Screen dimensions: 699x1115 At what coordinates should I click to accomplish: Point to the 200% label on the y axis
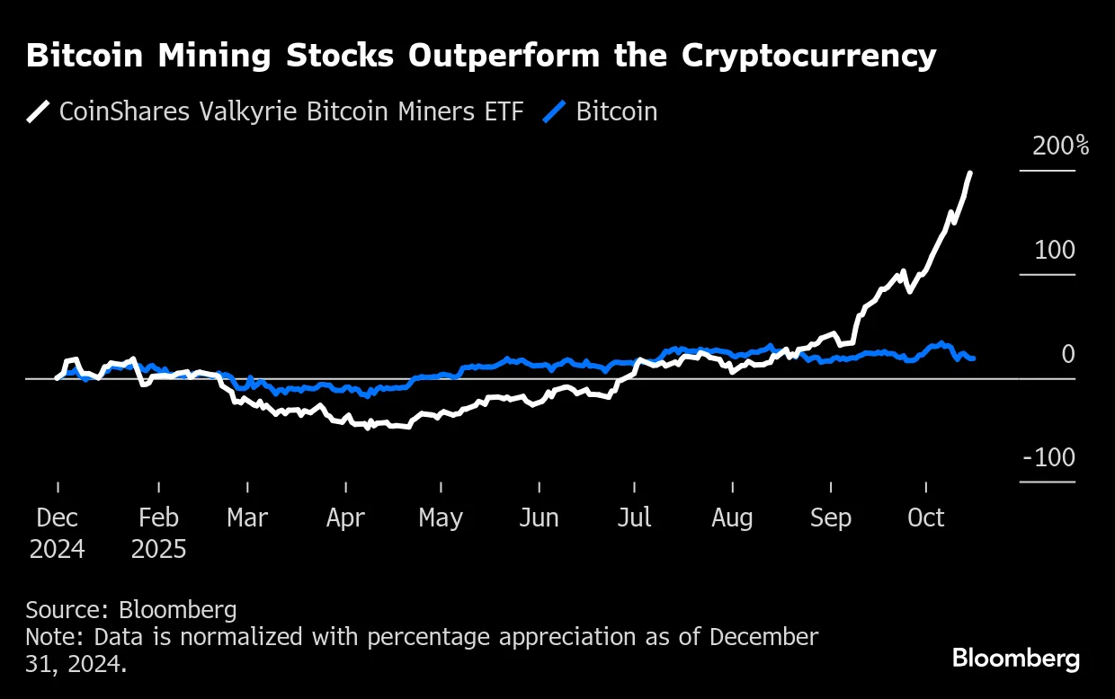click(1060, 146)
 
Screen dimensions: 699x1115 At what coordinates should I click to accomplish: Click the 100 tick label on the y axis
click(1054, 250)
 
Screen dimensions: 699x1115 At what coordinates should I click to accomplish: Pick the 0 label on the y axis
click(1067, 354)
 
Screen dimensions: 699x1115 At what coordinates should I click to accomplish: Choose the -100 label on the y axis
click(1048, 457)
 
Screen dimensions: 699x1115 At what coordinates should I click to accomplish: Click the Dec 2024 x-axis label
click(58, 533)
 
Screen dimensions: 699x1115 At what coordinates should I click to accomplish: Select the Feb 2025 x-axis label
click(158, 533)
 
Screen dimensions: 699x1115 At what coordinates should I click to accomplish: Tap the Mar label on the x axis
click(246, 518)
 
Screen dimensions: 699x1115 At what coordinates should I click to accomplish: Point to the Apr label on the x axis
click(344, 518)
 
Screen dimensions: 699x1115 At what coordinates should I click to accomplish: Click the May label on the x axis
click(441, 518)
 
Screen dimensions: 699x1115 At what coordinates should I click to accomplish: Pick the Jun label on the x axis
click(539, 518)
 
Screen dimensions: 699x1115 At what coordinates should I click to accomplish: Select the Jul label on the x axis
click(635, 518)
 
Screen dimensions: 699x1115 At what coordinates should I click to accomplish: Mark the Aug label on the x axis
click(732, 518)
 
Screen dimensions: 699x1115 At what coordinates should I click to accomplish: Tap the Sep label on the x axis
click(830, 518)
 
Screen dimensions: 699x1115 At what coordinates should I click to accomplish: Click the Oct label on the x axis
click(926, 518)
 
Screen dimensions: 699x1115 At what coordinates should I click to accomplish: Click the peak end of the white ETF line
click(969, 173)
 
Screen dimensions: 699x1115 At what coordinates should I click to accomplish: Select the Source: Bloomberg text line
click(131, 610)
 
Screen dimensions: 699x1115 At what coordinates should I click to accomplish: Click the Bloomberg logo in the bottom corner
click(1016, 659)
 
